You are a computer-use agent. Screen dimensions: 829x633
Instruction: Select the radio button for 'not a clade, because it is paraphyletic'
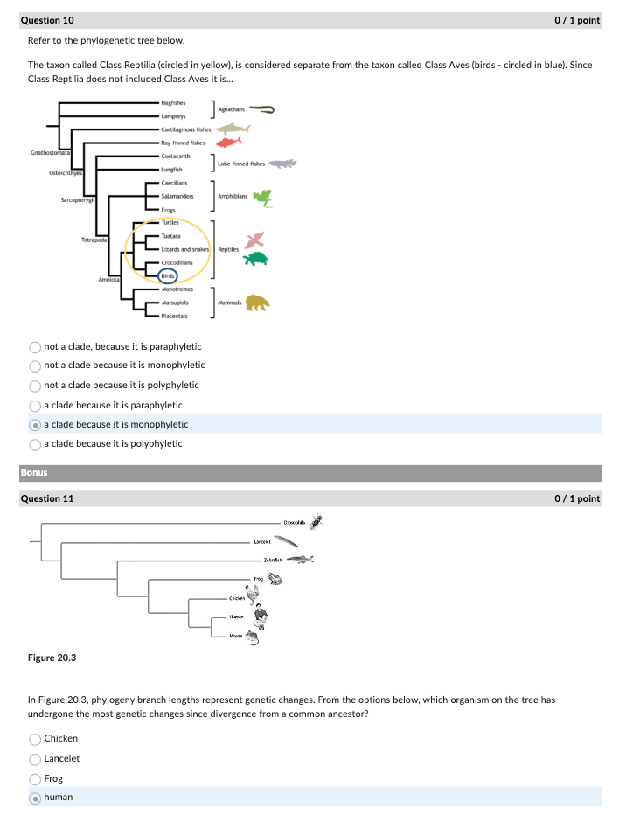tap(35, 346)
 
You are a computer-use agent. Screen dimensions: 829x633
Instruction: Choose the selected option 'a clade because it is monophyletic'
tap(35, 425)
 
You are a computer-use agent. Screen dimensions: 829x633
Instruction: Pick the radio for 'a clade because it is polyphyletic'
tap(35, 444)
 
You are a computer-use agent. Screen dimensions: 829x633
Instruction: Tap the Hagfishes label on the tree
tap(173, 103)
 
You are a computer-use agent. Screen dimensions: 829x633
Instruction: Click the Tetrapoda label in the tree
tap(95, 239)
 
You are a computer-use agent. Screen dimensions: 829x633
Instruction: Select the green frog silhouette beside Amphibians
tap(262, 198)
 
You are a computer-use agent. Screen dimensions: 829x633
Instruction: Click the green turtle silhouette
tap(255, 259)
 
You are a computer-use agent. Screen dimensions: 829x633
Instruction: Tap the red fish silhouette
tap(228, 142)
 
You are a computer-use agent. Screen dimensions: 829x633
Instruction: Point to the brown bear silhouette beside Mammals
tap(257, 303)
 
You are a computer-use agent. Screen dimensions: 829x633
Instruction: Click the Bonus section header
tap(34, 473)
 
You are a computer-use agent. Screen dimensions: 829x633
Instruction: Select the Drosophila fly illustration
tap(316, 522)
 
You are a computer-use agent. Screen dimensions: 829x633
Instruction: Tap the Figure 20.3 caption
tap(51, 657)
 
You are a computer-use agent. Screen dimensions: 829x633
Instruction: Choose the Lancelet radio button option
tap(35, 759)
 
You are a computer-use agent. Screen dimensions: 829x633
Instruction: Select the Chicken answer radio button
tap(35, 739)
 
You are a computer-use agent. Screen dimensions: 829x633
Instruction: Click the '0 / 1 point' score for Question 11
tap(577, 498)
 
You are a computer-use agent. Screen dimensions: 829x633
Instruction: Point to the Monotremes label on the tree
tap(177, 288)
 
